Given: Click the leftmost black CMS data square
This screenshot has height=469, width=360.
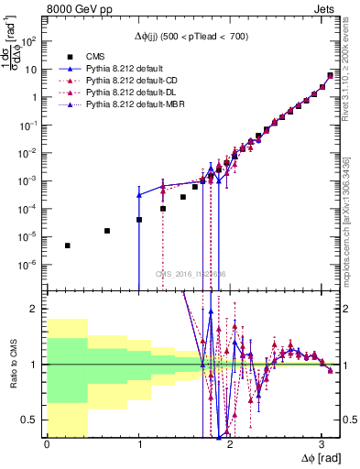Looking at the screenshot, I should pos(68,245).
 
